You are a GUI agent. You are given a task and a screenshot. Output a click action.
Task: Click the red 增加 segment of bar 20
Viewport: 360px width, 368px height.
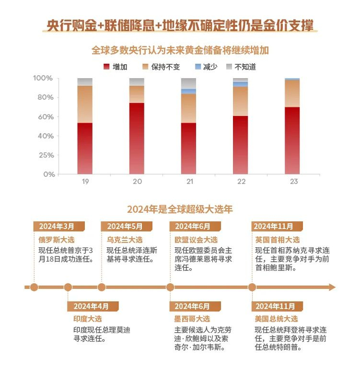coord(137,138)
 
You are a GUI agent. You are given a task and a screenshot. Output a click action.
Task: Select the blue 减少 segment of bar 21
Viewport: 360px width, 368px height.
coord(188,91)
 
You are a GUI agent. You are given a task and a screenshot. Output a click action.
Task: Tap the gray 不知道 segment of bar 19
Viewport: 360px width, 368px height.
coord(85,82)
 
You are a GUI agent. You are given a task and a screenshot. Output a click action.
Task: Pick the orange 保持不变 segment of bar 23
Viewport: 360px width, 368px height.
coord(292,94)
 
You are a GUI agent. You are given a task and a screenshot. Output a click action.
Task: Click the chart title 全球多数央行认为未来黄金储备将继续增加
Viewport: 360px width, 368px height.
coord(180,50)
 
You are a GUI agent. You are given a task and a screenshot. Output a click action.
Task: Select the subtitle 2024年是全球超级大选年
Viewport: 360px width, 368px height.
coord(180,209)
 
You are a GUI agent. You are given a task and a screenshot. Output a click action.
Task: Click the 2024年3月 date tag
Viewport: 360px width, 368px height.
coord(57,227)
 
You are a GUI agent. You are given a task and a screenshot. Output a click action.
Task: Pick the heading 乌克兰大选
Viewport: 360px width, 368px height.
coord(124,240)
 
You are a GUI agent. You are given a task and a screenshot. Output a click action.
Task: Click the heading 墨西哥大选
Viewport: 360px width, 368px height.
coord(192,319)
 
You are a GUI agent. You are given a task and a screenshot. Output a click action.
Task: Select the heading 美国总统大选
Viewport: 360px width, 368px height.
coord(276,319)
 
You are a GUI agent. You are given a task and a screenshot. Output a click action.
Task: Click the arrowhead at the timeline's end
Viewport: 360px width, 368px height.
coord(332,287)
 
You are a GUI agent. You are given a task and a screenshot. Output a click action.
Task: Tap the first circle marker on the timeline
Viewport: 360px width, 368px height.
coord(34,287)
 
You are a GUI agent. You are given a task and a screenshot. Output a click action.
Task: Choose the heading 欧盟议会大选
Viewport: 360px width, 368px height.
coord(196,240)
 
